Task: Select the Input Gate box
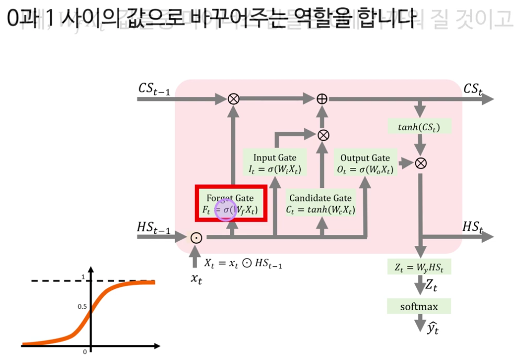(275, 163)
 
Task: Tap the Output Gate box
(365, 163)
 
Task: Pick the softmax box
(419, 306)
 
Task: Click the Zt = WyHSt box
(419, 267)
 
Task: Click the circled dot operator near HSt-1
(196, 237)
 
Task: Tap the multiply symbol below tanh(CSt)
(420, 163)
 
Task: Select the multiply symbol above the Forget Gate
(233, 98)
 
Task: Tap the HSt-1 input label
(153, 228)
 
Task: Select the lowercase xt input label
(196, 279)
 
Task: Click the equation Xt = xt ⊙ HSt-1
(243, 264)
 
